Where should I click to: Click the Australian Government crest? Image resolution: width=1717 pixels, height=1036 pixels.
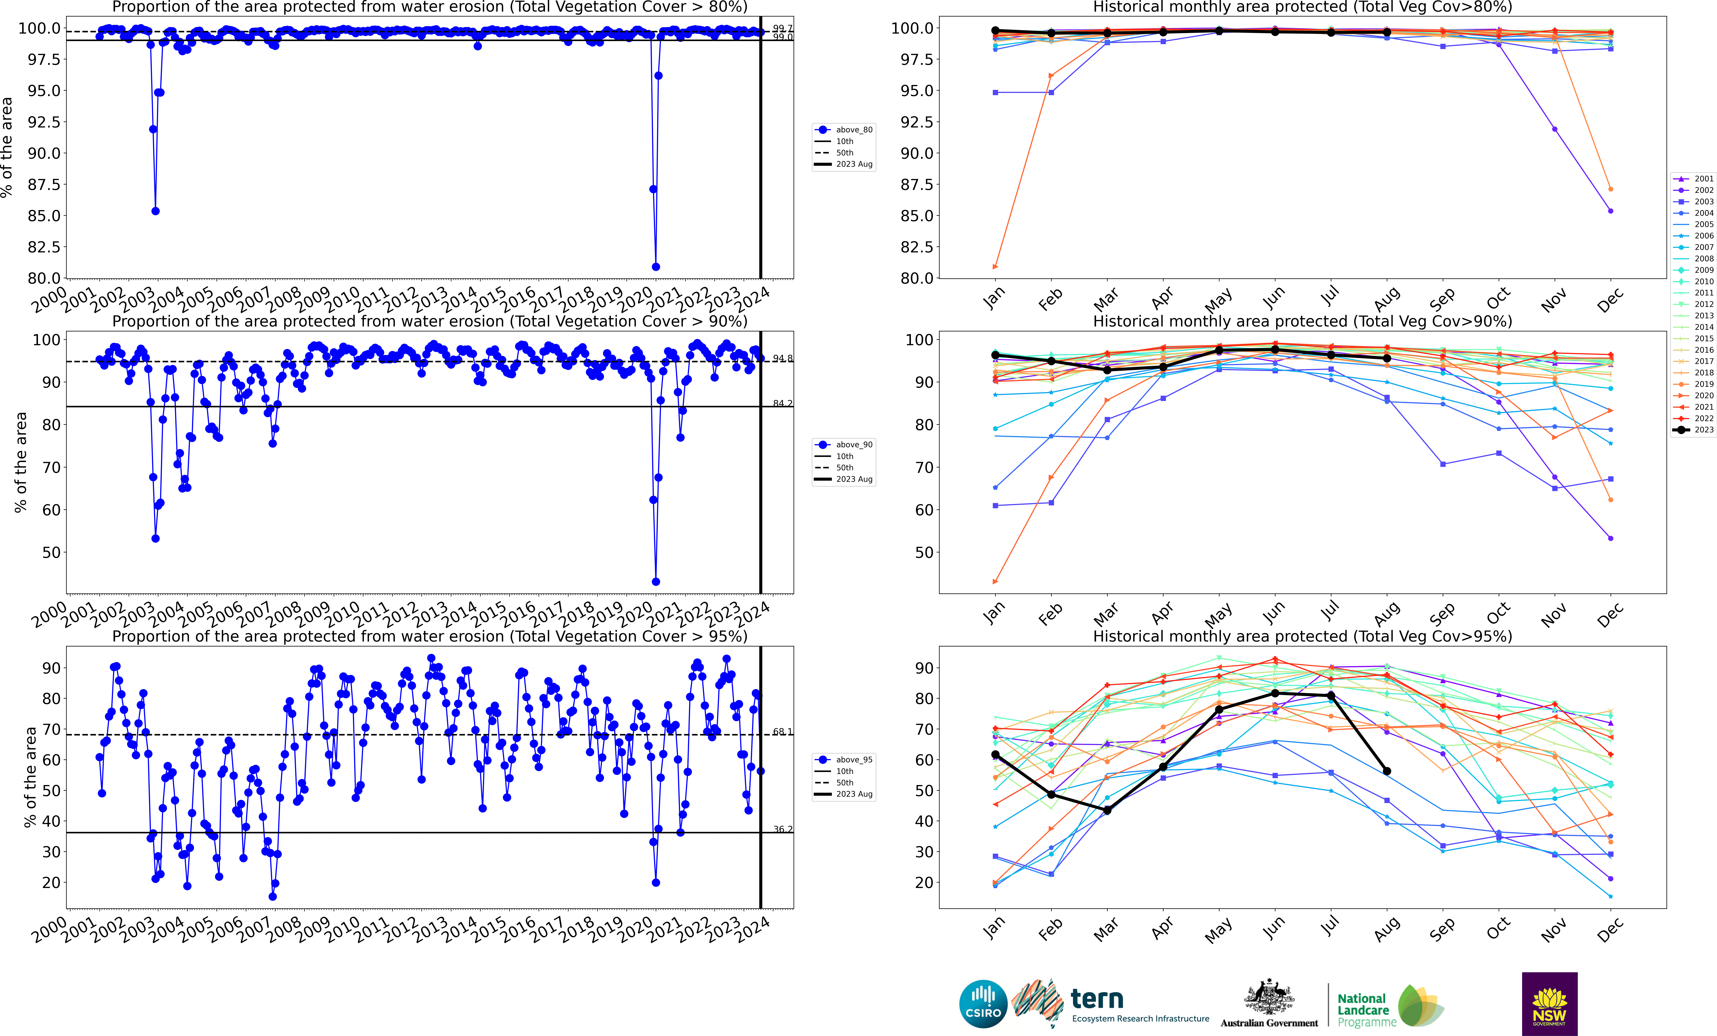(1269, 998)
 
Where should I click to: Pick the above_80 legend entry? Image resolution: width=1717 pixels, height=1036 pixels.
(845, 130)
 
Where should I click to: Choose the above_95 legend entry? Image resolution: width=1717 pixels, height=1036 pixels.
(845, 759)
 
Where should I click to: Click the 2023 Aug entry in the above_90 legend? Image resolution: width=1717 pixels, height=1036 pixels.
(845, 479)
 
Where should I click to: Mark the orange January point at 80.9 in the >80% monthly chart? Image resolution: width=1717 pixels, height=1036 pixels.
(995, 267)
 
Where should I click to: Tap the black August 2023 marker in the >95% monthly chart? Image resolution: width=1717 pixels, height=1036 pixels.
(1387, 771)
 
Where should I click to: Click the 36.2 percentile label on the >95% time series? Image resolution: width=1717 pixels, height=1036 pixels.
(782, 829)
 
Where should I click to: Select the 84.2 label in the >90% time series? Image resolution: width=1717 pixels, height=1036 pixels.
(782, 403)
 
